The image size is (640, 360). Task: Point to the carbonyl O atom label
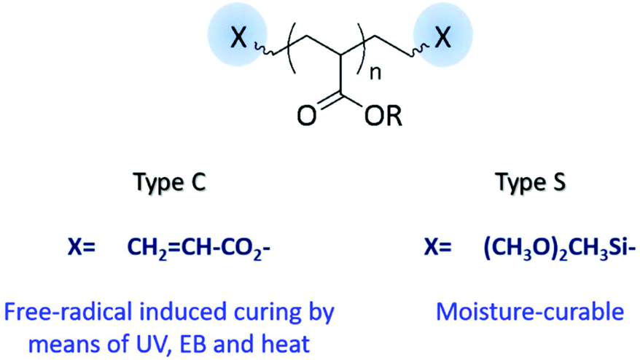pyautogui.click(x=305, y=116)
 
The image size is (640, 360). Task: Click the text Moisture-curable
pyautogui.click(x=530, y=313)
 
